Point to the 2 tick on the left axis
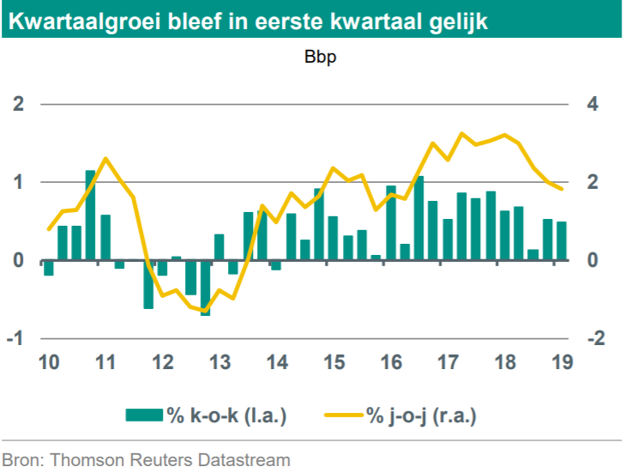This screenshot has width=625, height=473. pyautogui.click(x=18, y=105)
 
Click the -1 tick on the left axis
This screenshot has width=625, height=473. pyautogui.click(x=15, y=338)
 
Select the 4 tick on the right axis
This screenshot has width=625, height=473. pyautogui.click(x=592, y=105)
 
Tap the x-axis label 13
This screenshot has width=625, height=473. pyautogui.click(x=219, y=362)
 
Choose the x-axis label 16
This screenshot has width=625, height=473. pyautogui.click(x=390, y=362)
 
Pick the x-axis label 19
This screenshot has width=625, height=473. pyautogui.click(x=562, y=362)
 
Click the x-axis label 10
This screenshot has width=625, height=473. pyautogui.click(x=48, y=362)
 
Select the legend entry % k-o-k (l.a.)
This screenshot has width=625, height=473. pyautogui.click(x=225, y=416)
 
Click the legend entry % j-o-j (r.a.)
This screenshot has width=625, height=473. pyautogui.click(x=421, y=416)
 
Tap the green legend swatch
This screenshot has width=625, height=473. pyautogui.click(x=144, y=416)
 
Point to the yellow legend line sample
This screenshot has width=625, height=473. pyautogui.click(x=344, y=416)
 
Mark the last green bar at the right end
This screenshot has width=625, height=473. pyautogui.click(x=562, y=240)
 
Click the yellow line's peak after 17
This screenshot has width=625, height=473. pyautogui.click(x=462, y=134)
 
